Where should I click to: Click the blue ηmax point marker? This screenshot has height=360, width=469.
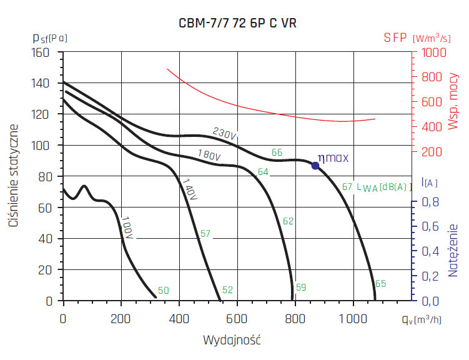(315, 166)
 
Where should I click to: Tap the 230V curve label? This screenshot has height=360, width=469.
(224, 134)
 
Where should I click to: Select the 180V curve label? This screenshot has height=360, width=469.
(208, 154)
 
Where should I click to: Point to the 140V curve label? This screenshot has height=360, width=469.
(190, 189)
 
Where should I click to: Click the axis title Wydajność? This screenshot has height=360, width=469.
(232, 341)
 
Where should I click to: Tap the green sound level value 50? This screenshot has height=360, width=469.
(163, 290)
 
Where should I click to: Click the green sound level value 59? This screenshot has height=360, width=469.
(301, 287)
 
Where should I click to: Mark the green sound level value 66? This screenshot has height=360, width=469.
(277, 152)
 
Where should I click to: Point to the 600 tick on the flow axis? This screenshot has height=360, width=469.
(237, 318)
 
